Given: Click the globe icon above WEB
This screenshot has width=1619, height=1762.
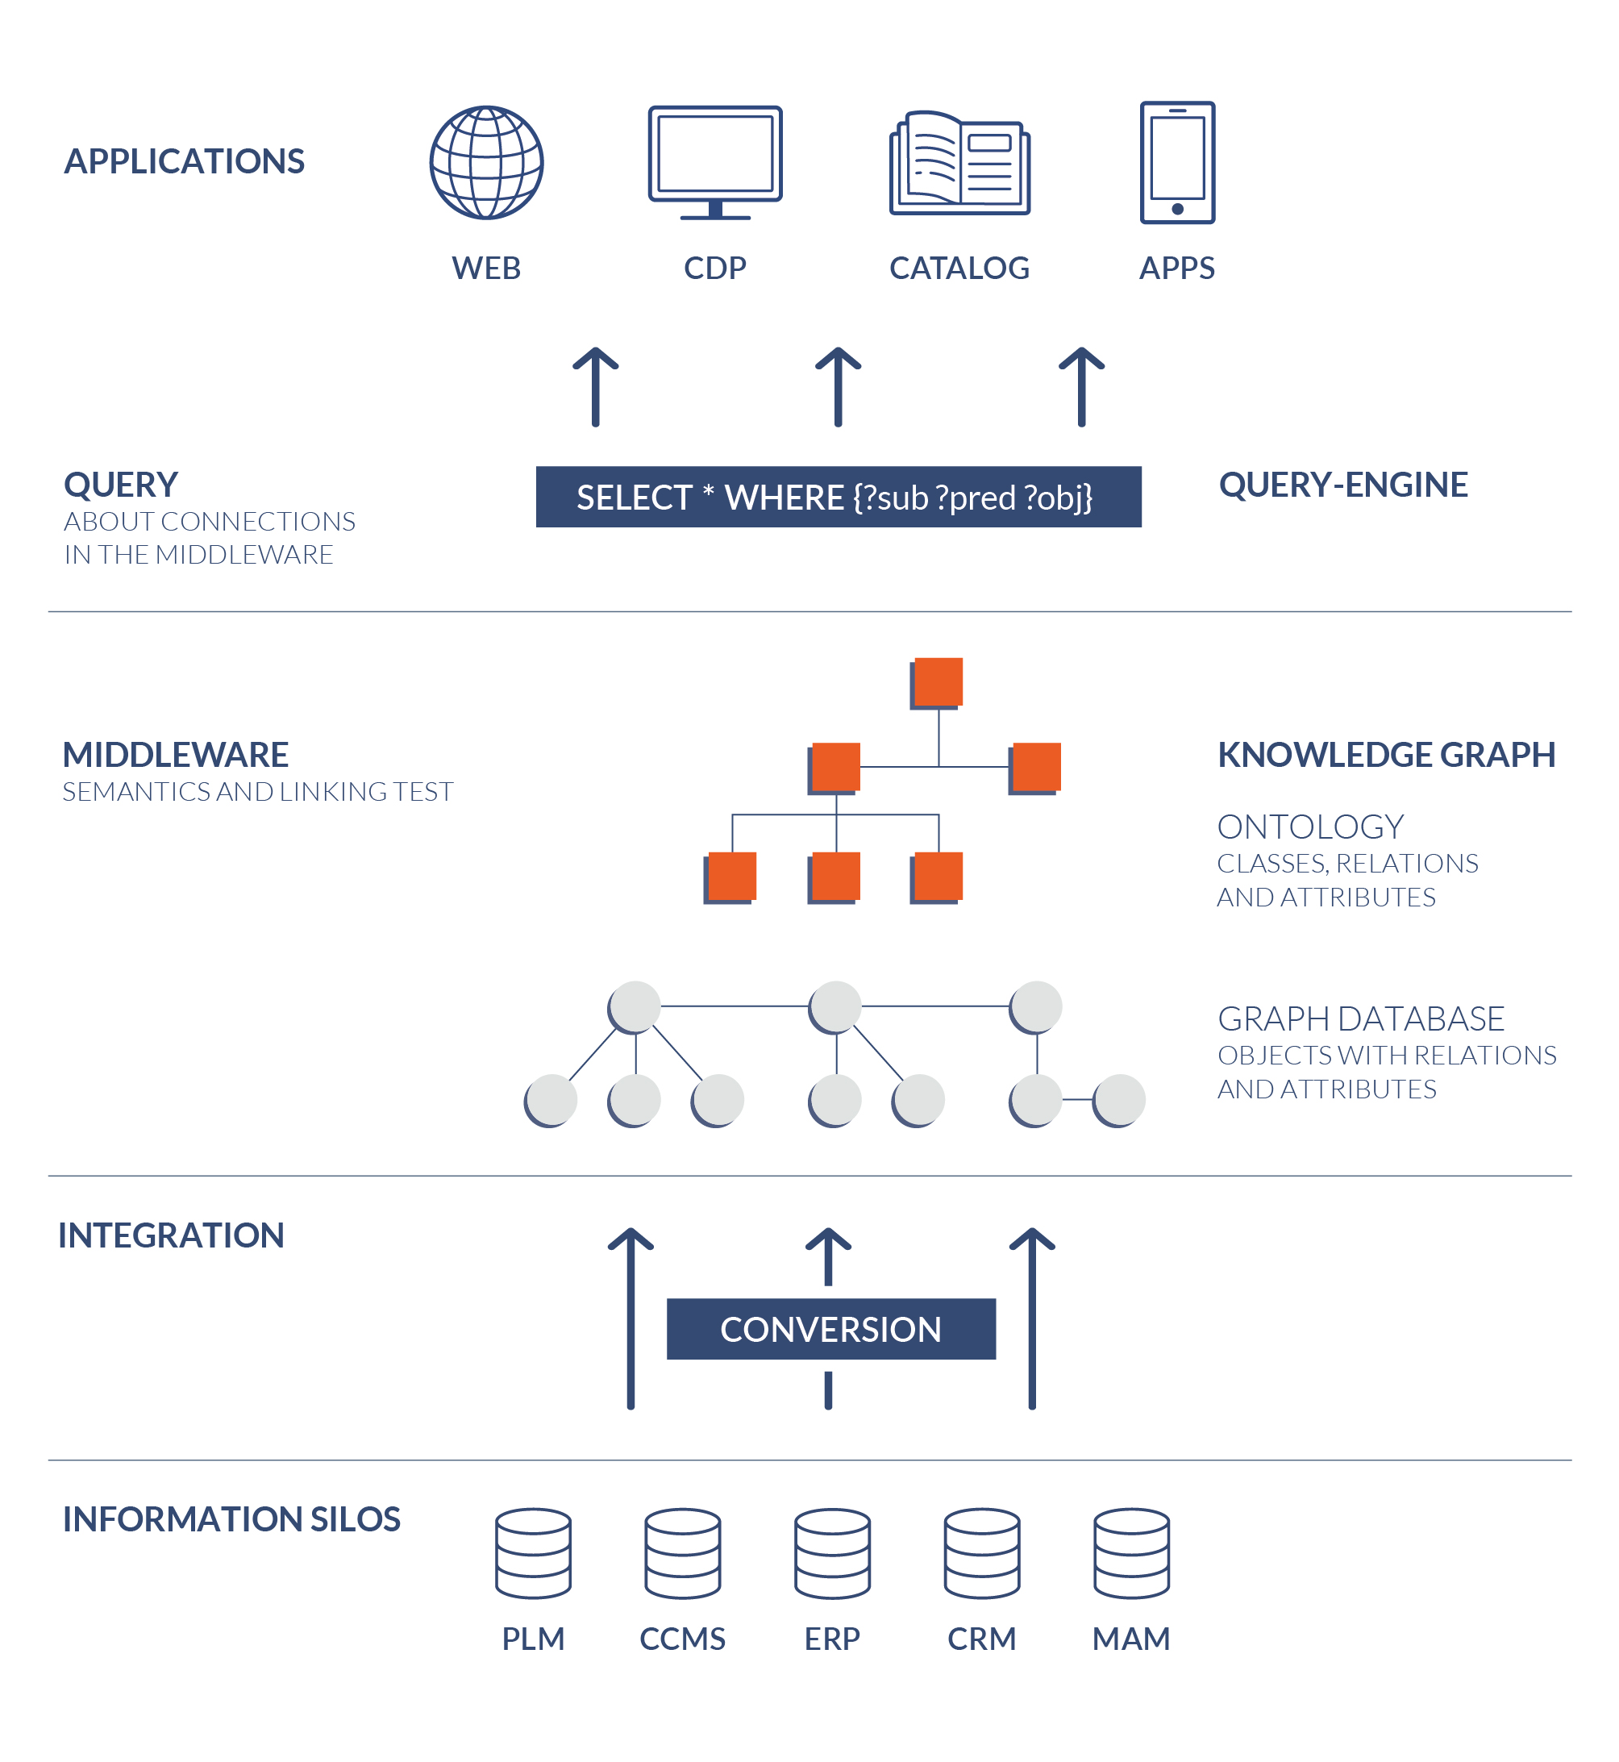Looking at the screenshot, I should [486, 163].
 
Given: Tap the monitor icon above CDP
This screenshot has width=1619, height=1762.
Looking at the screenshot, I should [715, 162].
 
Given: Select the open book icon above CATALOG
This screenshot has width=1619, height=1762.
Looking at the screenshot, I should [959, 164].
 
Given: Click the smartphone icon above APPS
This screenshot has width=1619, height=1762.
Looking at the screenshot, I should [1176, 163].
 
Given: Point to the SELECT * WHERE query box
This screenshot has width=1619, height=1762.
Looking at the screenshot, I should [839, 497].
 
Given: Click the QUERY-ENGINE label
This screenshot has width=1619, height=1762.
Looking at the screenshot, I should [1343, 485].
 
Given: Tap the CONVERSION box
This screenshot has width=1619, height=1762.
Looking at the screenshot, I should [830, 1329].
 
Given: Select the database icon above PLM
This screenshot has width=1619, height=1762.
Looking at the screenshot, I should [533, 1553].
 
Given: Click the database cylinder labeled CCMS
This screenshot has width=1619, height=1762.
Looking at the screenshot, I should [682, 1553].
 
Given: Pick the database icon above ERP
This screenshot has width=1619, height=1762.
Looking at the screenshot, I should [832, 1553].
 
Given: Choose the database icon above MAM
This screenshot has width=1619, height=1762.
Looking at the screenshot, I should [1131, 1553].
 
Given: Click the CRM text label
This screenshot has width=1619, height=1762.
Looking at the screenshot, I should [981, 1639].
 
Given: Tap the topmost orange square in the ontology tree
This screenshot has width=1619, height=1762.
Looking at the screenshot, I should [938, 681].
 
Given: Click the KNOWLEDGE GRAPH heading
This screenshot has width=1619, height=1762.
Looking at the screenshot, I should [1386, 754].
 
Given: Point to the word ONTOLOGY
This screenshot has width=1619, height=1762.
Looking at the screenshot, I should [1309, 827].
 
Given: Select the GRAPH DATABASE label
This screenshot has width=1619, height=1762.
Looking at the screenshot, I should [1360, 1018].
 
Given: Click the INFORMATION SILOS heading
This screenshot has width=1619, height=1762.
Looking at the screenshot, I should [231, 1519].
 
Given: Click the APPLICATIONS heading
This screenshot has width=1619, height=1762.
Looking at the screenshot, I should [184, 161].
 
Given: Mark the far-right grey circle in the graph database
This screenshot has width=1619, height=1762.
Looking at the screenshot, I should [1119, 1100].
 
